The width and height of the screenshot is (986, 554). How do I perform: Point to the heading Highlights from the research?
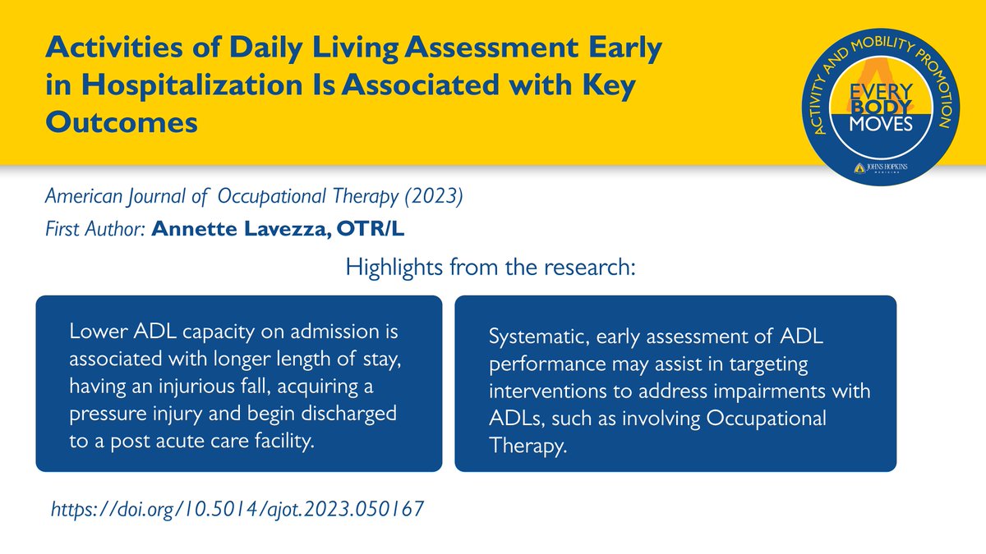pyautogui.click(x=491, y=268)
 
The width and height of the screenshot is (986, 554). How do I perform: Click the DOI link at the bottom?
pyautogui.click(x=237, y=509)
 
